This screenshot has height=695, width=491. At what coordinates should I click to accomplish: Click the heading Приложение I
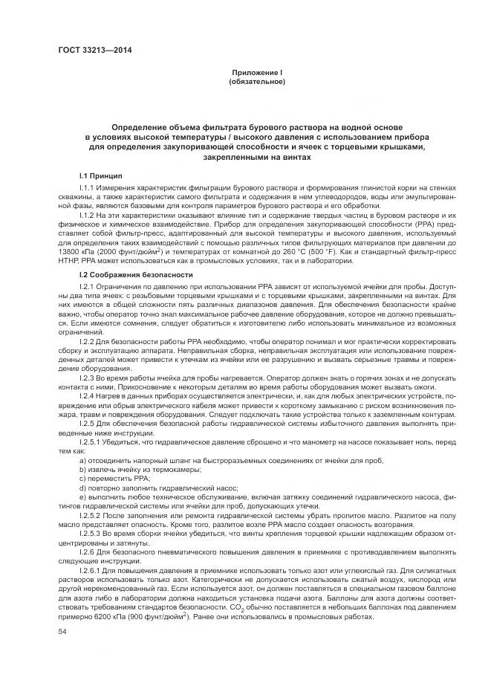tap(257, 71)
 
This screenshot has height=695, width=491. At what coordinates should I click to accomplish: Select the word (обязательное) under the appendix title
tap(257, 81)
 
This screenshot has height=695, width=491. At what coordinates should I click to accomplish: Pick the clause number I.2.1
tap(88, 286)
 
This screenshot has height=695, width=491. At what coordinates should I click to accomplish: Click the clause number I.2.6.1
tap(91, 569)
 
